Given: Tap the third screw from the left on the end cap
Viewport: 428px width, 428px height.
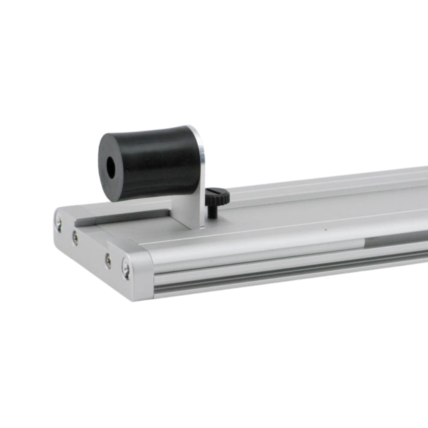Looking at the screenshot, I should click(x=108, y=261).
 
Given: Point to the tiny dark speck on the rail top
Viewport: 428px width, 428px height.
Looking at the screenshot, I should click(x=325, y=229).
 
